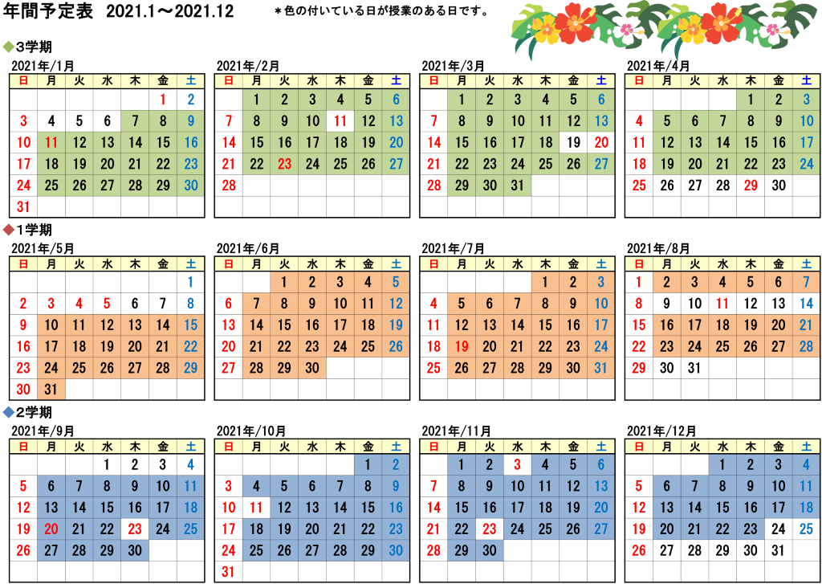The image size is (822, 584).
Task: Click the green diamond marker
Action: tap(9, 47)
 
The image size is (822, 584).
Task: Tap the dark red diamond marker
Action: tap(9, 230)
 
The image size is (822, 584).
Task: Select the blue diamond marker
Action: tap(9, 412)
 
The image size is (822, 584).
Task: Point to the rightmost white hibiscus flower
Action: tap(773, 31)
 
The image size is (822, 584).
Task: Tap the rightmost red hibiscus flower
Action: tap(720, 22)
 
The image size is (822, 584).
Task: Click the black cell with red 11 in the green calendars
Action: tap(340, 121)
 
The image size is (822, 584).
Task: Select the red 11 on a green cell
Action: tap(52, 143)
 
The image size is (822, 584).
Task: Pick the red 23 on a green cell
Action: tap(284, 164)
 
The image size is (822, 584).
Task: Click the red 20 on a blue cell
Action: tap(52, 529)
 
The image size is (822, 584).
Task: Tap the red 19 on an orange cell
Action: tap(462, 347)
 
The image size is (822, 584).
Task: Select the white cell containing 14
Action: tap(806, 304)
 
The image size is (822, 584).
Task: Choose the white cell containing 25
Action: tap(806, 529)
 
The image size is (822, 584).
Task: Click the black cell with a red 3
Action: tap(518, 464)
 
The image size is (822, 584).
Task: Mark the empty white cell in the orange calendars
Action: tap(806, 390)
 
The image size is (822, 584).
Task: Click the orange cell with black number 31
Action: tap(52, 390)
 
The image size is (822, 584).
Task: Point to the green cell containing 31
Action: tap(518, 186)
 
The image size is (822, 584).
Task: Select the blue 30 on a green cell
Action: tap(191, 186)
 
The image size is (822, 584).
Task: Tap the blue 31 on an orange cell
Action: tap(601, 369)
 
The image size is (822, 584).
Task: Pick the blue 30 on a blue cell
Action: tap(396, 551)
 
